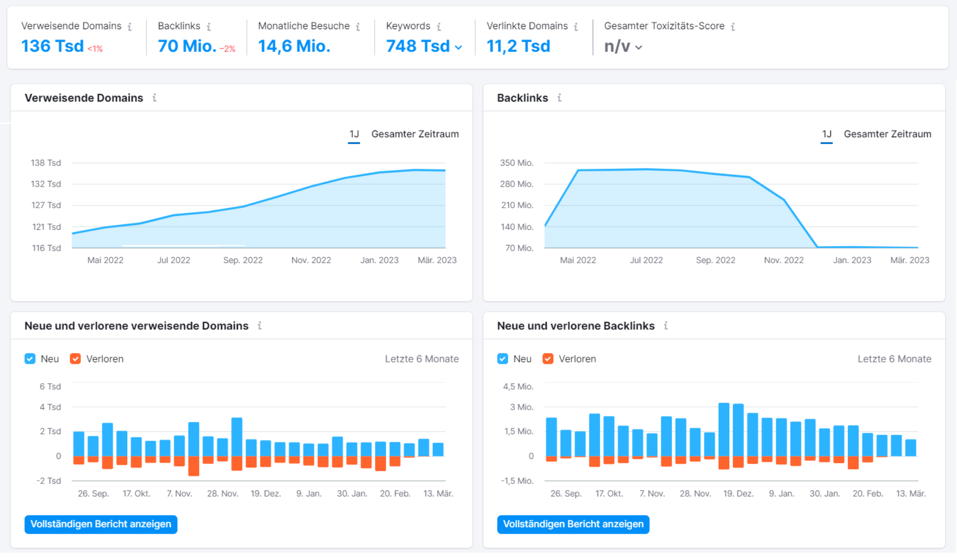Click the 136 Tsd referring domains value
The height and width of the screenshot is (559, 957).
(53, 46)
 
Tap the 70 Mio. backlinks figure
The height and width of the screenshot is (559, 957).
(187, 46)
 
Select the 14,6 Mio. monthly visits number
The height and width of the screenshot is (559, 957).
(294, 46)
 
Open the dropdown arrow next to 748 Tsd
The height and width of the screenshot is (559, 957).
(458, 47)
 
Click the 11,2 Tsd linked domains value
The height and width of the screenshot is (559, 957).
(518, 46)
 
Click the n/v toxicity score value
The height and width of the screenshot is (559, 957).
(617, 46)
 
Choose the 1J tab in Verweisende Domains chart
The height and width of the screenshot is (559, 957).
(354, 134)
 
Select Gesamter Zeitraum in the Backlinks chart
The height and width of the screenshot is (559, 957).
(887, 134)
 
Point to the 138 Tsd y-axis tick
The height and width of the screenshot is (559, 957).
(46, 163)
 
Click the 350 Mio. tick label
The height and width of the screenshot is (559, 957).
(516, 163)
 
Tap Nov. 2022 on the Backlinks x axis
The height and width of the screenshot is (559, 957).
(784, 260)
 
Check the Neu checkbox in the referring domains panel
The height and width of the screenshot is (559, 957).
(30, 359)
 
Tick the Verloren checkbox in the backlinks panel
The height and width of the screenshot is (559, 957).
(548, 359)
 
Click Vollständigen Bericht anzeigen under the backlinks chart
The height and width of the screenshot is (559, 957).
(573, 524)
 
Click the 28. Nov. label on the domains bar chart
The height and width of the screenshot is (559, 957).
(223, 493)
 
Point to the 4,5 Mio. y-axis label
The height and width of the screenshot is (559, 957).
(518, 386)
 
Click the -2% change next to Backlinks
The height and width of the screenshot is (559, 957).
(228, 49)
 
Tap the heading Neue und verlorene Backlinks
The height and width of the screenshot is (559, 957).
(576, 326)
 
